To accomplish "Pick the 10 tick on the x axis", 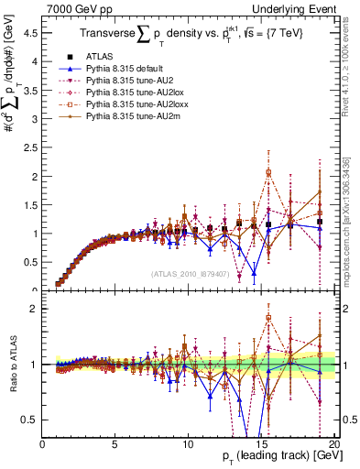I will [187, 443].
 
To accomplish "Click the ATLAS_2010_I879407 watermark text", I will [190, 274].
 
